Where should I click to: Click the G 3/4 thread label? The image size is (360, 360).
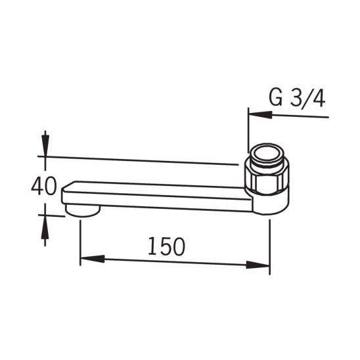pyautogui.click(x=297, y=99)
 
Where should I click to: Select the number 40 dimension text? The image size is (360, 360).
pyautogui.click(x=43, y=187)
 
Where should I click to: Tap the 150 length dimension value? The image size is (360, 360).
pyautogui.click(x=166, y=246)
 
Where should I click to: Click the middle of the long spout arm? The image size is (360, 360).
pyautogui.click(x=158, y=195)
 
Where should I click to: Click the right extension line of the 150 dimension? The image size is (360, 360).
pyautogui.click(x=270, y=246)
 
